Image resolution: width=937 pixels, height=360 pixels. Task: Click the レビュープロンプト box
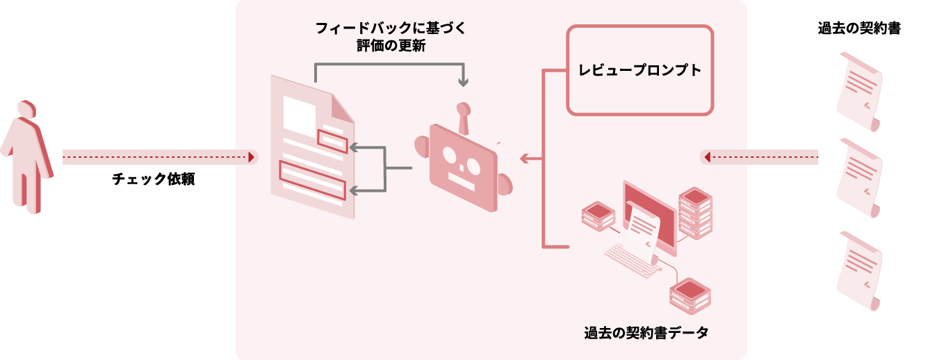click(639, 70)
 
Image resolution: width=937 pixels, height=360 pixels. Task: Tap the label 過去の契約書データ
click(646, 332)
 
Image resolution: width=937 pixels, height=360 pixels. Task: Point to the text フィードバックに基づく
click(389, 29)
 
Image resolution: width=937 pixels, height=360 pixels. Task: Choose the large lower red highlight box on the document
click(311, 180)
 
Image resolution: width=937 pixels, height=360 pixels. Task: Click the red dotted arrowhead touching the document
click(251, 158)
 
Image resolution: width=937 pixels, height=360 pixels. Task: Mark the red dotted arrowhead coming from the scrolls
click(707, 158)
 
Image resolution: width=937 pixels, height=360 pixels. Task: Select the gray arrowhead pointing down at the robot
click(464, 83)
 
